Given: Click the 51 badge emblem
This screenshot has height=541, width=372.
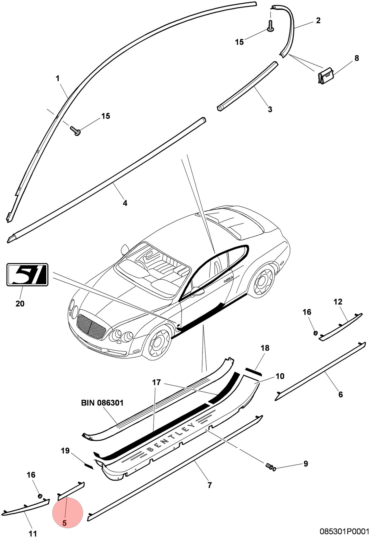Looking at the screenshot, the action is click(27, 275).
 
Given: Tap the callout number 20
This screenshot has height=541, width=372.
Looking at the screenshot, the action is click(20, 304).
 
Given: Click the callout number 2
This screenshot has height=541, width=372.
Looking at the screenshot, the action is click(318, 21).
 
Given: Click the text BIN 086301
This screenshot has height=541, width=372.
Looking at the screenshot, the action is click(102, 403).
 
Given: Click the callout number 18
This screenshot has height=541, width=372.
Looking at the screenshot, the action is click(265, 348).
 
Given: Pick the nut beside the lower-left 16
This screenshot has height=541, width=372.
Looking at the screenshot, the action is click(40, 496).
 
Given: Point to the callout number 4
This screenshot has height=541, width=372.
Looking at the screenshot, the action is click(125, 203).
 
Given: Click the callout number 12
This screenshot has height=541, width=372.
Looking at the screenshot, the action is click(338, 302).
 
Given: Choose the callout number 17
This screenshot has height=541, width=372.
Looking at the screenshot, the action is click(157, 382).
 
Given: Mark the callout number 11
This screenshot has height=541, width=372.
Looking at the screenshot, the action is click(32, 534).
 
